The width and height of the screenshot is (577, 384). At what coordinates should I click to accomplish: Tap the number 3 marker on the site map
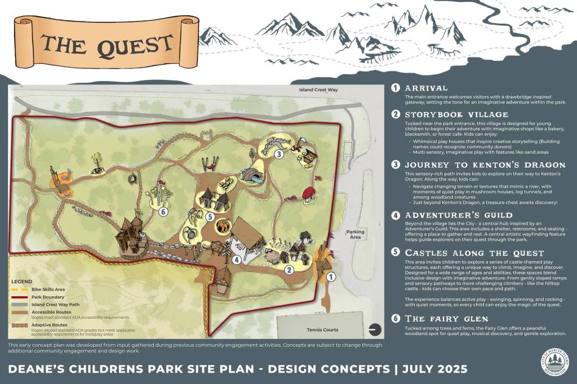(278, 154)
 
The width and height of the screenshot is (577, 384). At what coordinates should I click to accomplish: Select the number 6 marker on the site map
(163, 212)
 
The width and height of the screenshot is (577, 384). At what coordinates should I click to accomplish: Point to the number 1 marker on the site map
(331, 276)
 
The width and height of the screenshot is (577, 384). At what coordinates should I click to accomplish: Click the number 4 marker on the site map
(237, 260)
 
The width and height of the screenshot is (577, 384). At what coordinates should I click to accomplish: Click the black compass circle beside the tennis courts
(374, 330)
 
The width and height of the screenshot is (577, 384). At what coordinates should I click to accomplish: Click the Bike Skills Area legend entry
(50, 288)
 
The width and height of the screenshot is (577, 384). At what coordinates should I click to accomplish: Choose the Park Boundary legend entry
(49, 297)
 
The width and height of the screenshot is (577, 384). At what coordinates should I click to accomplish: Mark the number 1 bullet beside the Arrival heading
(396, 88)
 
